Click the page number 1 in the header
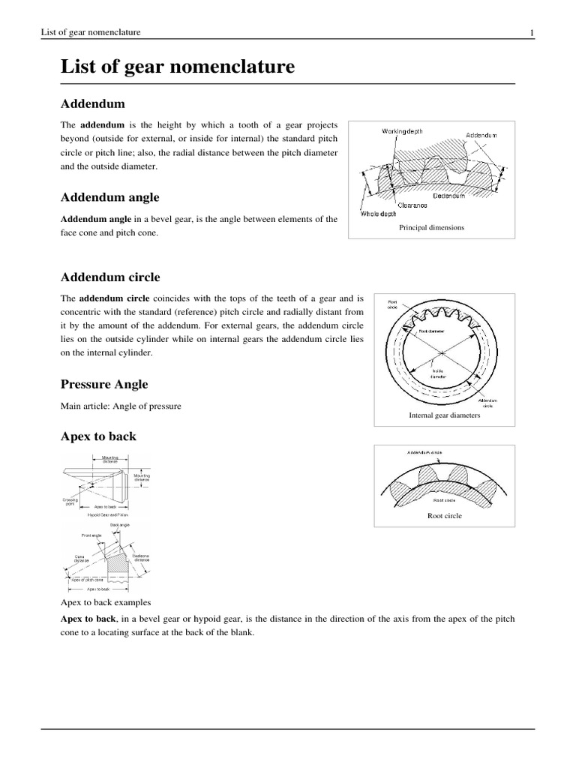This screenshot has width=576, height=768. [x=531, y=32]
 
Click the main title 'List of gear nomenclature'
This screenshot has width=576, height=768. [x=177, y=67]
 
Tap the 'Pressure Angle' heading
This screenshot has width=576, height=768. [x=104, y=384]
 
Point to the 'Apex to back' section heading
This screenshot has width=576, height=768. [x=98, y=436]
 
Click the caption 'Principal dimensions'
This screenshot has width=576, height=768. [x=431, y=227]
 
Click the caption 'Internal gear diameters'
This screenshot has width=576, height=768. [x=444, y=414]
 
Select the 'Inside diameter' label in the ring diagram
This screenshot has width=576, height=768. [x=438, y=373]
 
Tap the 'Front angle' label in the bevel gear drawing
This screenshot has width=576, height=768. [x=91, y=535]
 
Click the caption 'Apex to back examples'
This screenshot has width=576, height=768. [x=106, y=602]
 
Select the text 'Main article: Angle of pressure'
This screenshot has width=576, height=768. [x=121, y=406]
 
